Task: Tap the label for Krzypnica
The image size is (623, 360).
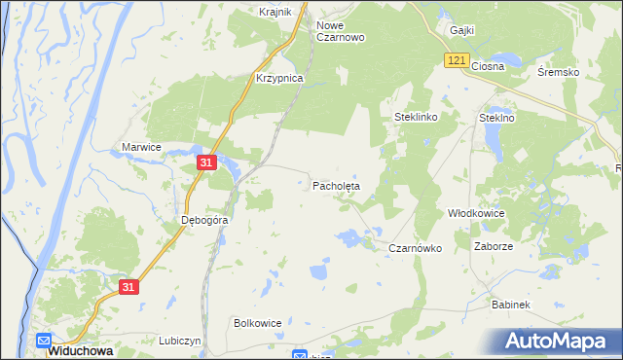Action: (279, 78)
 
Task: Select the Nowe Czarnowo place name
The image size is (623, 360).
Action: (341, 30)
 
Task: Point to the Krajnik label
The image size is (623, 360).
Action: (277, 12)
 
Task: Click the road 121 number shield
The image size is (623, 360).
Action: (457, 60)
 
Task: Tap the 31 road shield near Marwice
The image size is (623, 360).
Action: (205, 163)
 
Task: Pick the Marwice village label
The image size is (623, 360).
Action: (140, 147)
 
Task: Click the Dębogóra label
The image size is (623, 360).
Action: (204, 221)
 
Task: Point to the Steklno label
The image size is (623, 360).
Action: (496, 117)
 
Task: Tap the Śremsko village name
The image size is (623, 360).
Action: (559, 73)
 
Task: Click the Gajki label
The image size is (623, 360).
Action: (461, 30)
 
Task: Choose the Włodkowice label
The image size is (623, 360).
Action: (474, 212)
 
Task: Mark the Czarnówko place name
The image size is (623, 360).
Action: (416, 248)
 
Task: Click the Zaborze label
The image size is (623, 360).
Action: (494, 247)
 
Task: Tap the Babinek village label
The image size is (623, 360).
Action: (510, 305)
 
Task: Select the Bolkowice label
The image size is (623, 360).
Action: (258, 322)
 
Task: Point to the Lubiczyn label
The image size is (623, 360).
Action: (180, 341)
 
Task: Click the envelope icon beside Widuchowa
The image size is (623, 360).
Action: (44, 341)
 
